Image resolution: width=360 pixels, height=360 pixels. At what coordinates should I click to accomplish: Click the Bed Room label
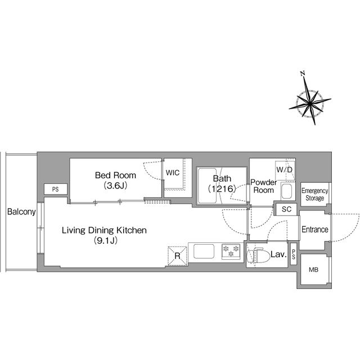(x=115, y=175)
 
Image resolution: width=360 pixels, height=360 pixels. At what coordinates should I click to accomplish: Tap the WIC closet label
(x=173, y=173)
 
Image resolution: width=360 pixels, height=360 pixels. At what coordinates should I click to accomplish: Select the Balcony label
(x=21, y=211)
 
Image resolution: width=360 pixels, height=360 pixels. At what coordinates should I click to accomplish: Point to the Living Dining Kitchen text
(x=104, y=230)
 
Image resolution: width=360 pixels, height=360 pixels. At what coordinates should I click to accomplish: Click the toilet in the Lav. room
(x=258, y=255)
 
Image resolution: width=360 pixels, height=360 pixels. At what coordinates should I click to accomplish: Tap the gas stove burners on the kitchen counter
(x=231, y=251)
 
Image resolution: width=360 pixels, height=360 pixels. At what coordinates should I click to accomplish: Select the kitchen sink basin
(x=204, y=251)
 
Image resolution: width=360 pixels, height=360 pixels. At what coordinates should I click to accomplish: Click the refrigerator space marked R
(x=178, y=256)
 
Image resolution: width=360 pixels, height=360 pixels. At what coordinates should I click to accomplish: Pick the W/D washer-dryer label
(x=285, y=170)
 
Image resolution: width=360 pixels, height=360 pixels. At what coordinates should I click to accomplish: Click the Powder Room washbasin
(x=286, y=191)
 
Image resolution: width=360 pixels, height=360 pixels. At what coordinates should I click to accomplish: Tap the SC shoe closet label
(x=286, y=209)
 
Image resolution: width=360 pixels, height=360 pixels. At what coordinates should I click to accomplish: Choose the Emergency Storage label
(x=315, y=194)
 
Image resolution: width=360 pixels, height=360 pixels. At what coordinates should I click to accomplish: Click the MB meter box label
(x=314, y=269)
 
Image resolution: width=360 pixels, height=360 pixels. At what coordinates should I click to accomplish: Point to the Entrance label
(x=315, y=229)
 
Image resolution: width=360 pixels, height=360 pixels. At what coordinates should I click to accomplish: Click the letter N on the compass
(x=303, y=74)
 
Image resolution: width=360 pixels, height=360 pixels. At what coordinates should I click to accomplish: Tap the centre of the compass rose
(x=310, y=103)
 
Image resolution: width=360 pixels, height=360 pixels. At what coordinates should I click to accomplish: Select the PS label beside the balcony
(x=56, y=190)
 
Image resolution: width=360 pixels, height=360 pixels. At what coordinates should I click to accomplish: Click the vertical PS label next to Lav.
(x=294, y=254)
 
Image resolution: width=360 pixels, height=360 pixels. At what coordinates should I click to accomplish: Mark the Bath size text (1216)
(x=222, y=189)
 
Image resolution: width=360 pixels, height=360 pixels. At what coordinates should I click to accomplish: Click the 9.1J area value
(x=106, y=240)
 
